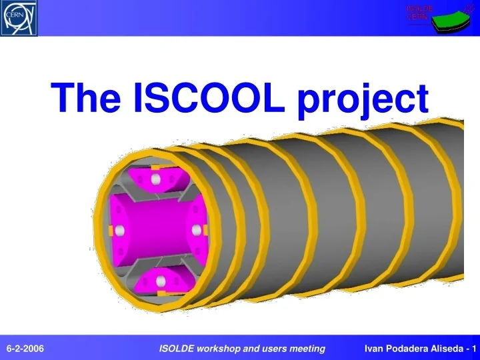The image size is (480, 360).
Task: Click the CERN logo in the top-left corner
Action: (19, 18)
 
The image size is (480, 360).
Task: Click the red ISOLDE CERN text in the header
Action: (419, 12)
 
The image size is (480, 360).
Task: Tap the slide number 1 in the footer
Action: (473, 349)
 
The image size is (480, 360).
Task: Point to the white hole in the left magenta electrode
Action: (120, 231)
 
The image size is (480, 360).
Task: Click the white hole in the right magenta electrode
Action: (197, 230)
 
